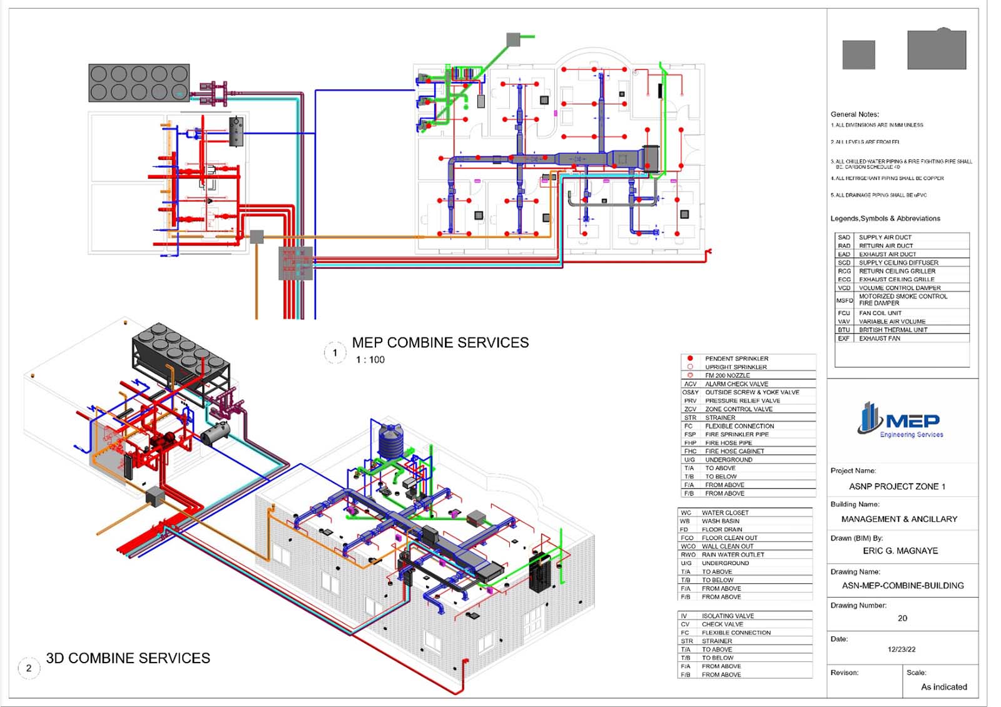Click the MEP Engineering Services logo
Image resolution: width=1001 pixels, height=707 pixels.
click(900, 420)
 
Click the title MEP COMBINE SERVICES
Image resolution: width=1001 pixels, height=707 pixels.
click(440, 343)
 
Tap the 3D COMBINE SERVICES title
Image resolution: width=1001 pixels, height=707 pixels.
click(128, 658)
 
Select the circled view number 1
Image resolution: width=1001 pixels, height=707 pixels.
click(335, 353)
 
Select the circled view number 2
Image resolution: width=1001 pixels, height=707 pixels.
click(29, 668)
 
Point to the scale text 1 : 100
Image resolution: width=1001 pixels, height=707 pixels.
click(370, 360)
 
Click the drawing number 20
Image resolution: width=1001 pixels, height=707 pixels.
click(902, 618)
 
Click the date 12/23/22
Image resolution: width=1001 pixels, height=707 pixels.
click(902, 649)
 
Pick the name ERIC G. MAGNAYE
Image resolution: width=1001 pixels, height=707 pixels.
click(900, 551)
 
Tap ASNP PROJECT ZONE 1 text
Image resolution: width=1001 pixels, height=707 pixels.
click(897, 487)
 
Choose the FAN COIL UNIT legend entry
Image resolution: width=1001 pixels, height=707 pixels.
click(880, 313)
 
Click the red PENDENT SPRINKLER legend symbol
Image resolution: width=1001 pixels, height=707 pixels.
click(690, 359)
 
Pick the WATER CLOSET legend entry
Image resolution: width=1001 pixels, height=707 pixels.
click(724, 512)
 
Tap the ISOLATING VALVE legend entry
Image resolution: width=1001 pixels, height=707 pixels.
click(728, 616)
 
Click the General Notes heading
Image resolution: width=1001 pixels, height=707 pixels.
click(855, 114)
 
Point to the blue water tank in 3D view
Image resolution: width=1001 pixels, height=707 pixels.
click(392, 440)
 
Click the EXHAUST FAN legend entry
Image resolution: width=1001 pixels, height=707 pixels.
click(879, 338)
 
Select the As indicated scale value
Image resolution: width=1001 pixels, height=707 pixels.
click(943, 687)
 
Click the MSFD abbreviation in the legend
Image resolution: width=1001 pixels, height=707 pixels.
click(845, 300)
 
